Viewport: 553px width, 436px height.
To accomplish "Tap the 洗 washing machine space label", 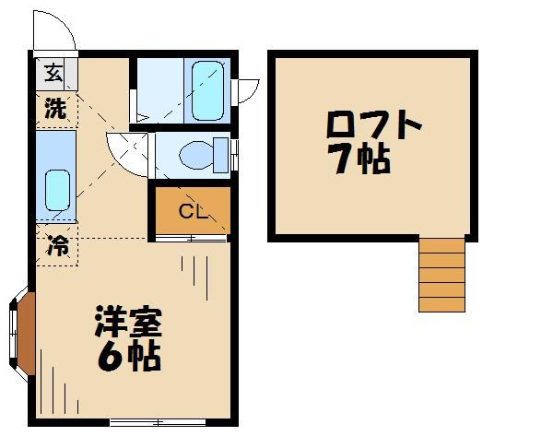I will (55, 109).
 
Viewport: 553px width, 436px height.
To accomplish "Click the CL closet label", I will (192, 213).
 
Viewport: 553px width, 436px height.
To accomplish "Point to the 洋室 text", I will (129, 324).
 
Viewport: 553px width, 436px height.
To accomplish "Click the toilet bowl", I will (194, 155).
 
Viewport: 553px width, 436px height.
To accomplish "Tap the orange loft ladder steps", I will (441, 274).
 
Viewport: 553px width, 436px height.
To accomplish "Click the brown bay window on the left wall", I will (26, 334).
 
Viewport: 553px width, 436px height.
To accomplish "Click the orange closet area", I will (191, 211).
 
